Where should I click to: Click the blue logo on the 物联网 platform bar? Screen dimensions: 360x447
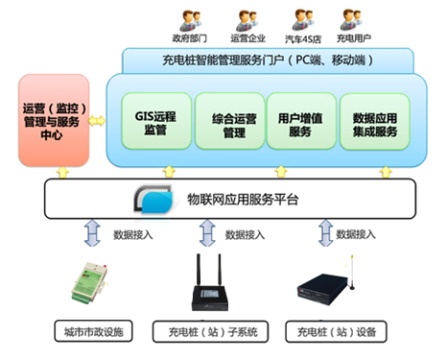click(x=153, y=202)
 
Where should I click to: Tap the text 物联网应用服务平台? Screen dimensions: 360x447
click(x=244, y=202)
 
